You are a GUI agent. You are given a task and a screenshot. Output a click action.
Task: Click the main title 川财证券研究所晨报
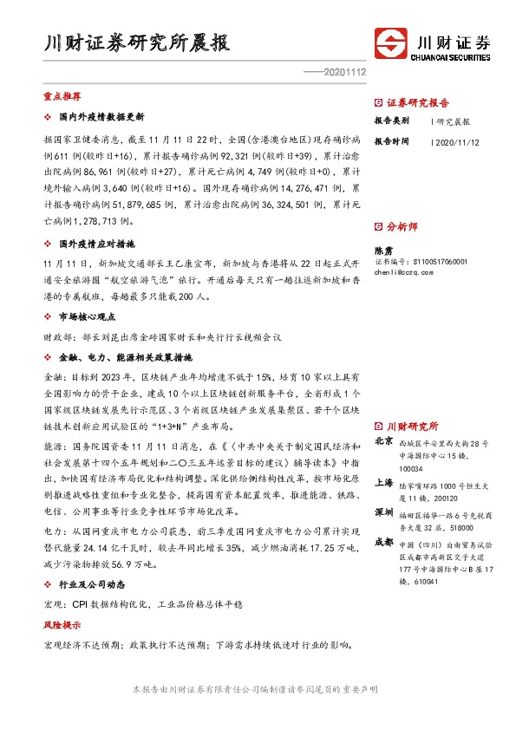click(138, 42)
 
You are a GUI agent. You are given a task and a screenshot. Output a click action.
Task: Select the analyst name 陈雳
click(382, 248)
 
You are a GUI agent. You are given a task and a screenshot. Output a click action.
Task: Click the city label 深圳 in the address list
click(383, 513)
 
